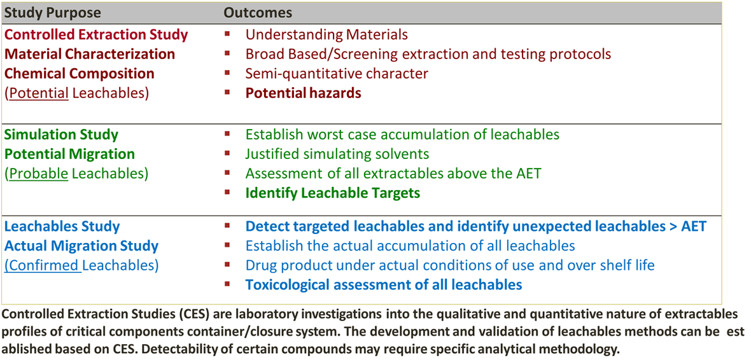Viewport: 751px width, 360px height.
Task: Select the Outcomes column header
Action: click(258, 13)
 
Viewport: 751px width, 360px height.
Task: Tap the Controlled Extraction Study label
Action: click(96, 34)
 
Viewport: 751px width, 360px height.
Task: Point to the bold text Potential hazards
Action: click(303, 93)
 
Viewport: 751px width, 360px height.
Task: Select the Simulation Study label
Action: click(61, 134)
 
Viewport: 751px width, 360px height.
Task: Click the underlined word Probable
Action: click(39, 173)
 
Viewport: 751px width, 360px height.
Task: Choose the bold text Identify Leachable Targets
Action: click(333, 193)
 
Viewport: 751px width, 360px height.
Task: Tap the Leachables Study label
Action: click(62, 226)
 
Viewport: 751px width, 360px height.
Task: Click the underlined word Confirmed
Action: click(43, 265)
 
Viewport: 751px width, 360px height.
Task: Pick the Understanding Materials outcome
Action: click(326, 34)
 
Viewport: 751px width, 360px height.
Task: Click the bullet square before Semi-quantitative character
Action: click(227, 73)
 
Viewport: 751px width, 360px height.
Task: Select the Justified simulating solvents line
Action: click(337, 154)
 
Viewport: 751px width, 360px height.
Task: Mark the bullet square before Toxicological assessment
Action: click(227, 284)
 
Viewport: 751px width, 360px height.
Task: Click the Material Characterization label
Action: click(90, 54)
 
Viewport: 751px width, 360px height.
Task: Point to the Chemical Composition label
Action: click(80, 73)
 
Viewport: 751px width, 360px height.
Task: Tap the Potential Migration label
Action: click(69, 154)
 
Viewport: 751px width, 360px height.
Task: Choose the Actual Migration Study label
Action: click(81, 246)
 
